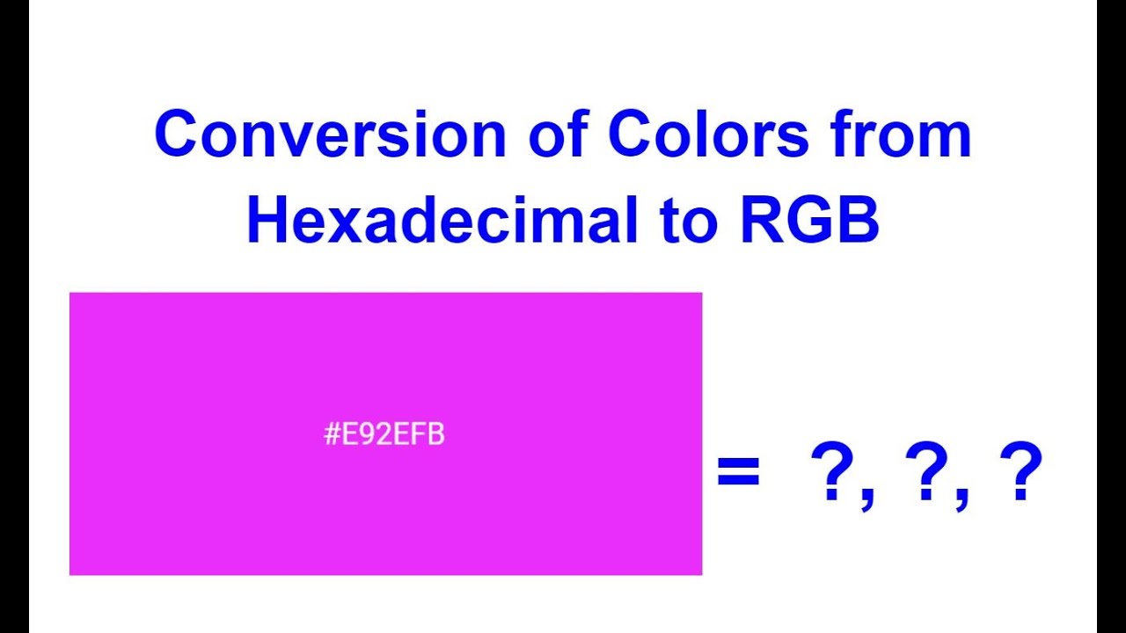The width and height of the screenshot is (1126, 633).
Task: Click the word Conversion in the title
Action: tap(329, 135)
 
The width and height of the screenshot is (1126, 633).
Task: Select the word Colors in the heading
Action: tap(707, 135)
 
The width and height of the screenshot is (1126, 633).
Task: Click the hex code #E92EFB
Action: tap(384, 435)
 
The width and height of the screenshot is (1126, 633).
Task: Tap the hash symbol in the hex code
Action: tap(332, 435)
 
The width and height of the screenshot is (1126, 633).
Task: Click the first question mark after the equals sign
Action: tap(834, 472)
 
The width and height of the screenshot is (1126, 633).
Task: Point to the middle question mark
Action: tap(928, 472)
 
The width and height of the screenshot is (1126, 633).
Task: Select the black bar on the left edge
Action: tap(14, 316)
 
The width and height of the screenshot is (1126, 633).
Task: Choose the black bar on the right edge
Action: tap(1111, 316)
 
